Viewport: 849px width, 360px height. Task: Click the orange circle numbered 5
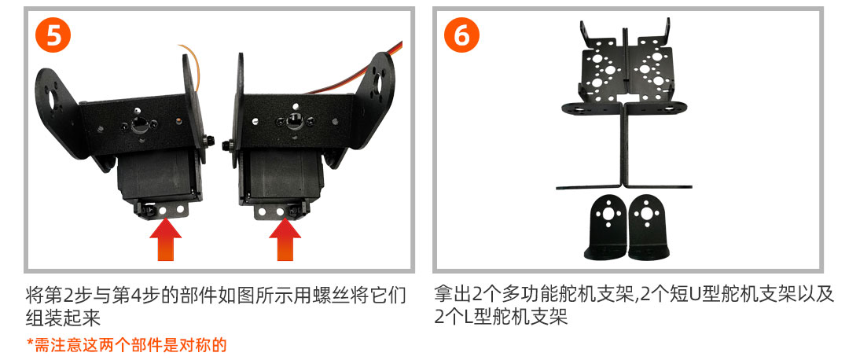tap(53, 35)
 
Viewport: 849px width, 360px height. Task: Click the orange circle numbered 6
tap(461, 35)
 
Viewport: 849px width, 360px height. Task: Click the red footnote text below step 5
tap(126, 345)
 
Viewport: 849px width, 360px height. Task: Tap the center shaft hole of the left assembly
tap(139, 123)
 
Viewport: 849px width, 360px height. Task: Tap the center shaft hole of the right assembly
tap(293, 123)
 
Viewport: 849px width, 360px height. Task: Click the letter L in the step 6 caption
tap(469, 318)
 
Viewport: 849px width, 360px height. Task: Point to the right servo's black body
tap(281, 177)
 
